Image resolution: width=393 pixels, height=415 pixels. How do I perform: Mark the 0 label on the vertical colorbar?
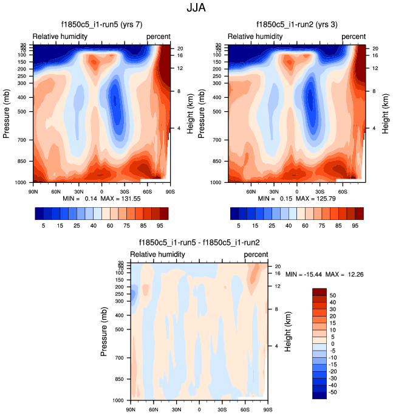click(x=331, y=343)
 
